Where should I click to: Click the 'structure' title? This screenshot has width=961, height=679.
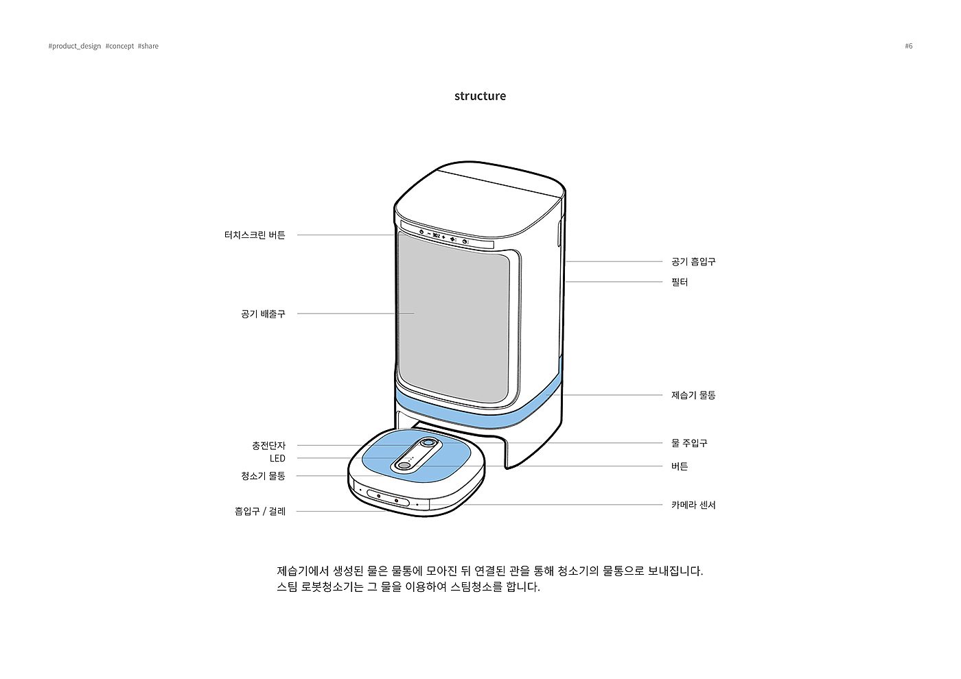(x=480, y=96)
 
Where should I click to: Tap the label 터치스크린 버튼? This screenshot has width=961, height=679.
(x=255, y=235)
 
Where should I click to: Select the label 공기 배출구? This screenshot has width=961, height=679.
(x=263, y=314)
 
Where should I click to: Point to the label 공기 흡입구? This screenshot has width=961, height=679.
(x=693, y=262)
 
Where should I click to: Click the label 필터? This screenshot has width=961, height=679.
(x=680, y=282)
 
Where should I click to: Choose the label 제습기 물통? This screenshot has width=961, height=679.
(x=693, y=395)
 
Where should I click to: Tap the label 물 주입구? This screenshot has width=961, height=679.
(x=689, y=443)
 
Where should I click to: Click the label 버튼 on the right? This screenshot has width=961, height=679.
(x=680, y=466)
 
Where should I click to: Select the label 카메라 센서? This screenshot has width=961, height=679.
(x=693, y=505)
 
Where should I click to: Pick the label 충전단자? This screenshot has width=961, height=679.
(x=268, y=446)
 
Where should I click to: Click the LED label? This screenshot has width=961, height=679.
(x=277, y=459)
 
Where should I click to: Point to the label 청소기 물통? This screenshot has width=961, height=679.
(x=263, y=476)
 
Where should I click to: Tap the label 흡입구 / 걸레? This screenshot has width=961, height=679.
(x=260, y=512)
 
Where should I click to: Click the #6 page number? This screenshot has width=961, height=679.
(x=909, y=46)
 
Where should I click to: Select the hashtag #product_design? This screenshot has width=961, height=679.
(x=75, y=46)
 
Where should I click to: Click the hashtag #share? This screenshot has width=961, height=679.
(x=148, y=46)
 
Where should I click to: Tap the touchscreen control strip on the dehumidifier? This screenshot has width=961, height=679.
(x=446, y=237)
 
